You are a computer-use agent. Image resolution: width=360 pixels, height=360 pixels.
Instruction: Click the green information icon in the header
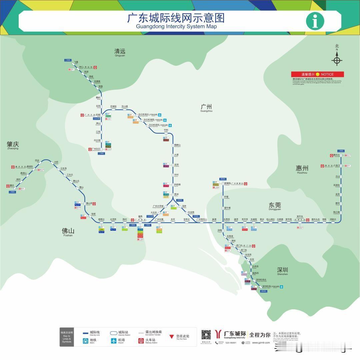coord(315,21)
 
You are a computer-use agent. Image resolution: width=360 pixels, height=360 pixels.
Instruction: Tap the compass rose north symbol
coord(337,60)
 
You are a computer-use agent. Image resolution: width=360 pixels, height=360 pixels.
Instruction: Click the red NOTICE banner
coord(317,74)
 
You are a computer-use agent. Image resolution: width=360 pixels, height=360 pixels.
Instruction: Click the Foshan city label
coord(68,232)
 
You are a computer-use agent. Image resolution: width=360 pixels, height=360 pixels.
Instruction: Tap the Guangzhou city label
coord(206,107)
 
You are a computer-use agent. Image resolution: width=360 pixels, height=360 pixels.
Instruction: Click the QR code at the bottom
coord(206,335)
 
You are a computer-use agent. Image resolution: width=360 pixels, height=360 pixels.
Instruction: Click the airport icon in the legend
coord(114,341)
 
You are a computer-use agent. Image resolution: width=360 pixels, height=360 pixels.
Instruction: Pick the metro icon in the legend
coord(86,341)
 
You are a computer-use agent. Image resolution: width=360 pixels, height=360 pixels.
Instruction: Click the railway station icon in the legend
coord(141,341)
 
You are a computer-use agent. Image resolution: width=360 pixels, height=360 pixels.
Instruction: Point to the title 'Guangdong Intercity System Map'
coord(176,26)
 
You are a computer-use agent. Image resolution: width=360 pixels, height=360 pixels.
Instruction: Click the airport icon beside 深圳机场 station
coord(282,287)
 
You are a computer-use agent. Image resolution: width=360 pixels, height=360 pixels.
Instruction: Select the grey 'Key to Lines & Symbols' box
coord(67,337)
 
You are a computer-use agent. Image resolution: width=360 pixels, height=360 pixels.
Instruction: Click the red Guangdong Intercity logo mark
coord(219,334)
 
